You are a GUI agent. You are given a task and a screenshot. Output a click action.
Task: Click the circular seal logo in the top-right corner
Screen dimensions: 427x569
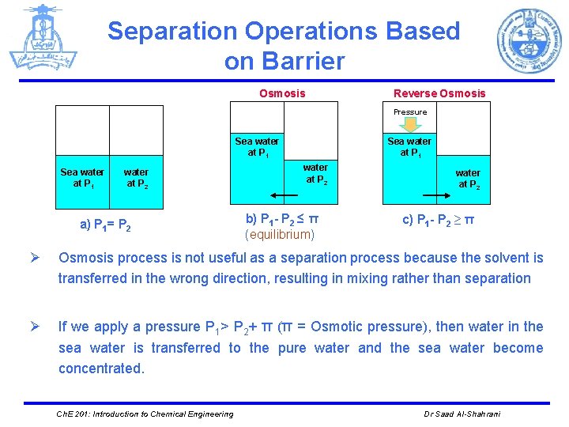tap(529, 40)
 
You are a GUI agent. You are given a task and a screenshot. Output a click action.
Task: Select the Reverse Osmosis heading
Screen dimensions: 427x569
tap(439, 93)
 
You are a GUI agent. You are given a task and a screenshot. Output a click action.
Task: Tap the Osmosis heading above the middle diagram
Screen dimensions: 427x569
tap(282, 93)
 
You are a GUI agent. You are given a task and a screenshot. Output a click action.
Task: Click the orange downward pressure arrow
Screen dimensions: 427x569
tap(410, 124)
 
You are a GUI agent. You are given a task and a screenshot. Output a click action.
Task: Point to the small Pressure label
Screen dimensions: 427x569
tap(410, 112)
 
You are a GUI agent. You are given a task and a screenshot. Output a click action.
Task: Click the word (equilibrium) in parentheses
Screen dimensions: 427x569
tap(280, 235)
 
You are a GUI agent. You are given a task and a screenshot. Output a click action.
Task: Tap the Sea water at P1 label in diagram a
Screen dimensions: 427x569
tap(82, 178)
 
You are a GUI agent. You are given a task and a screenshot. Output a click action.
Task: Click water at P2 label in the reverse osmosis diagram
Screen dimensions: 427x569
tap(468, 179)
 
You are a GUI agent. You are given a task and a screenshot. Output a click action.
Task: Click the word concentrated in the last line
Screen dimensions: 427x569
tap(101, 368)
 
